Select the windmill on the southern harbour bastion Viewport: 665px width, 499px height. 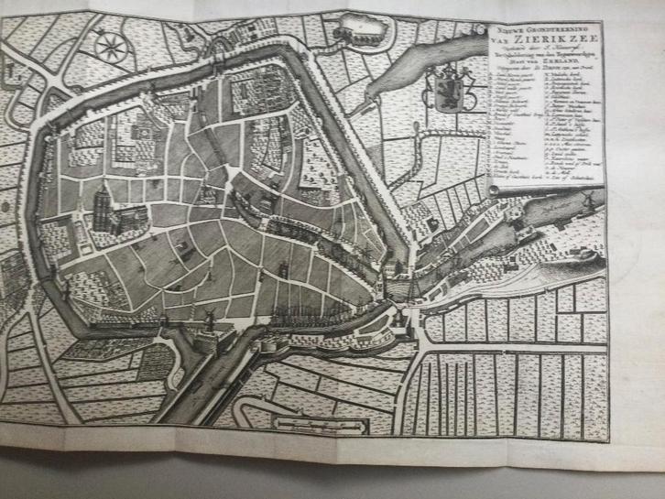tap(208, 320)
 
